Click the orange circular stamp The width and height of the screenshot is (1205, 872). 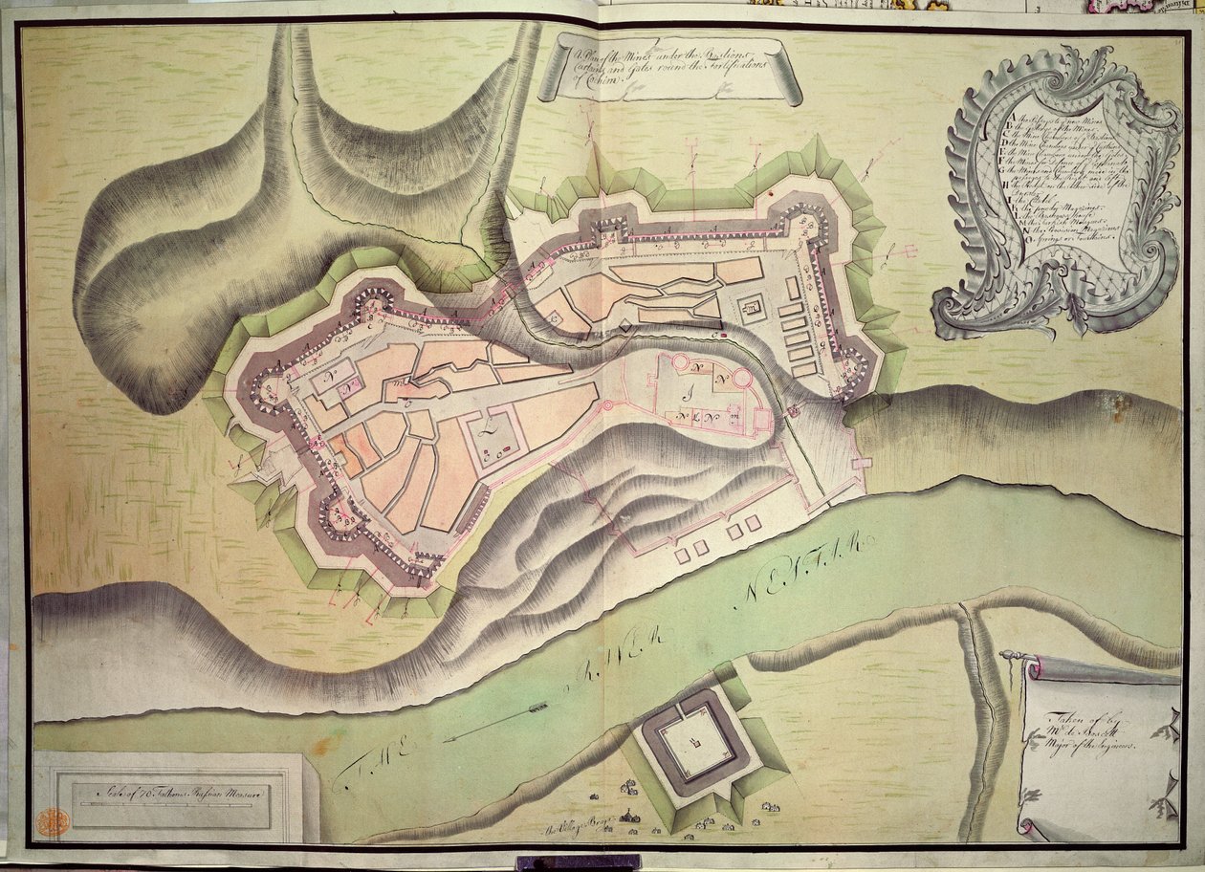tap(52, 821)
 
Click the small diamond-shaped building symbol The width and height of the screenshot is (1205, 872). tap(625, 328)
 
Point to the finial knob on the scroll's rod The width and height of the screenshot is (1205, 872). tap(1007, 655)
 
